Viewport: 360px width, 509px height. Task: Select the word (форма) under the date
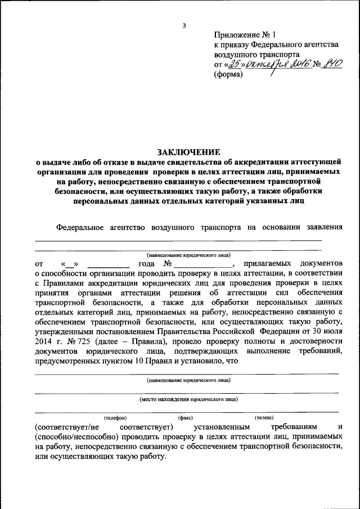point(228,75)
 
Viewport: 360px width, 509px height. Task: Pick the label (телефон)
point(115,418)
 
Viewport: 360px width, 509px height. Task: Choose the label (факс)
point(186,418)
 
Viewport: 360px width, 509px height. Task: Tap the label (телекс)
point(263,418)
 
